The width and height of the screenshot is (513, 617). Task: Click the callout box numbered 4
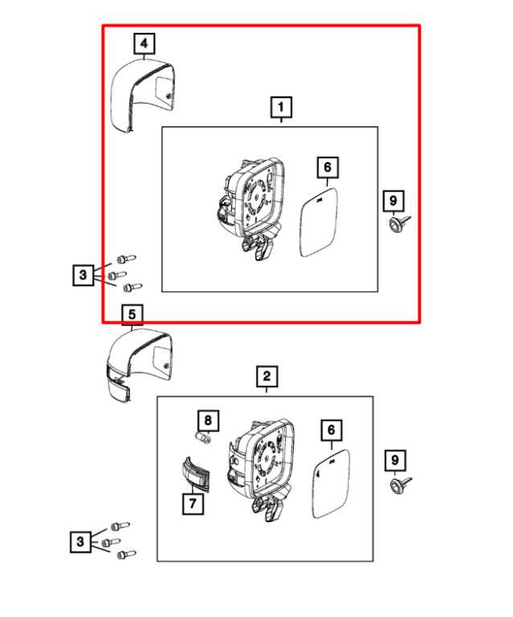pyautogui.click(x=145, y=43)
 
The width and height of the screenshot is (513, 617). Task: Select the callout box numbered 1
pyautogui.click(x=281, y=107)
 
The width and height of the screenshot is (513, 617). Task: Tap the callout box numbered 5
pyautogui.click(x=132, y=314)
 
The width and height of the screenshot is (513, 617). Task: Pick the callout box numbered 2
pyautogui.click(x=267, y=377)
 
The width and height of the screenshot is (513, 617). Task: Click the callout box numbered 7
pyautogui.click(x=193, y=503)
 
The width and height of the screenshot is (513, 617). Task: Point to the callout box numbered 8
pyautogui.click(x=208, y=421)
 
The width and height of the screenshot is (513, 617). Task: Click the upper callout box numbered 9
pyautogui.click(x=393, y=201)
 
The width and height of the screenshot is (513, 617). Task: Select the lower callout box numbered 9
pyautogui.click(x=395, y=460)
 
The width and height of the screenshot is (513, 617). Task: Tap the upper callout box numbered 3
pyautogui.click(x=83, y=275)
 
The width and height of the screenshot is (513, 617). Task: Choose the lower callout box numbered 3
pyautogui.click(x=80, y=541)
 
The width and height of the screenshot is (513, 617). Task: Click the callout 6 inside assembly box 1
pyautogui.click(x=328, y=167)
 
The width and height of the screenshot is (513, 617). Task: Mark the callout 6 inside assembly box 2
pyautogui.click(x=332, y=430)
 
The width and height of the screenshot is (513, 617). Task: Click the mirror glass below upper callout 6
pyautogui.click(x=320, y=222)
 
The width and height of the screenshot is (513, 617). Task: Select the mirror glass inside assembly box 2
pyautogui.click(x=331, y=484)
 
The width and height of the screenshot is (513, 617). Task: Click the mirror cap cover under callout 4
pyautogui.click(x=142, y=95)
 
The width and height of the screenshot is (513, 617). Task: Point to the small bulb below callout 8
pyautogui.click(x=204, y=437)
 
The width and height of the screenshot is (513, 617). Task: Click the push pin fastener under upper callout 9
pyautogui.click(x=398, y=223)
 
